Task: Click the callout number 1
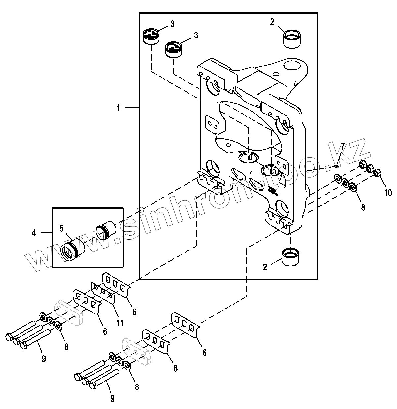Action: [118, 108]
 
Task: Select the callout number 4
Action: [34, 233]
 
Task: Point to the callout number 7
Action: [343, 146]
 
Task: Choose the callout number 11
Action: [120, 323]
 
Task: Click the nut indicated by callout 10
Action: [376, 173]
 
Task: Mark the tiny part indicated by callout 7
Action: [335, 165]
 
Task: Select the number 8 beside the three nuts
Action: [363, 207]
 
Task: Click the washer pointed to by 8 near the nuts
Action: [353, 188]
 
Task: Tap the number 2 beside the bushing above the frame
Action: [272, 22]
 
